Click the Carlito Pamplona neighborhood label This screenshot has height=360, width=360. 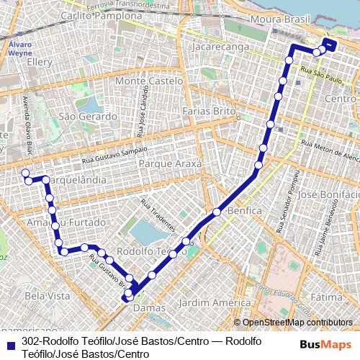[102, 15]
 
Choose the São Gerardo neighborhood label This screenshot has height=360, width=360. [87, 116]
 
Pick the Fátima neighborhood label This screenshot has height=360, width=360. [328, 297]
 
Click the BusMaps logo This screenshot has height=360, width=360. [326, 344]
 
